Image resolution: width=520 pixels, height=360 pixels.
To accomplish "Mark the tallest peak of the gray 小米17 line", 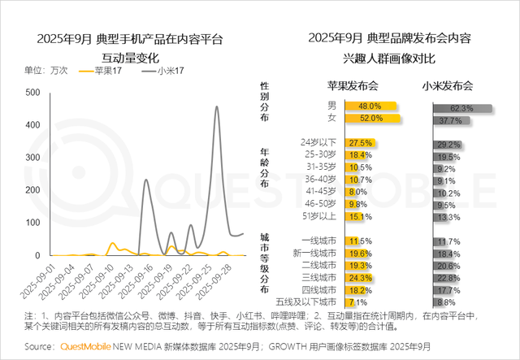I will [216, 106].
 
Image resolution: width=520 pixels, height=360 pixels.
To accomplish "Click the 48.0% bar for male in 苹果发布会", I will [370, 106].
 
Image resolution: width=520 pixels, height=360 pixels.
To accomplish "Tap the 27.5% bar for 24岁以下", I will [359, 143].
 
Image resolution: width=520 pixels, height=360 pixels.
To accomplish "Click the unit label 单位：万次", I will [46, 71].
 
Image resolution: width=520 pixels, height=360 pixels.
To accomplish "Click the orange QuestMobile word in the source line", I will [90, 348].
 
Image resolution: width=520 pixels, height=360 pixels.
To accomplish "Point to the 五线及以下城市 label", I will [308, 302].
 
